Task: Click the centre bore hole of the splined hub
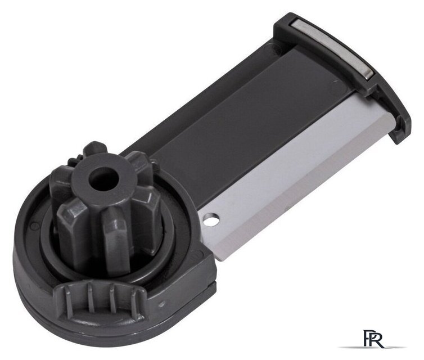[x=104, y=179]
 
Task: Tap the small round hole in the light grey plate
[x=212, y=219]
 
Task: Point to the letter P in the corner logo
[x=367, y=337]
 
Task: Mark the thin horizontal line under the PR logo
[x=372, y=347]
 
